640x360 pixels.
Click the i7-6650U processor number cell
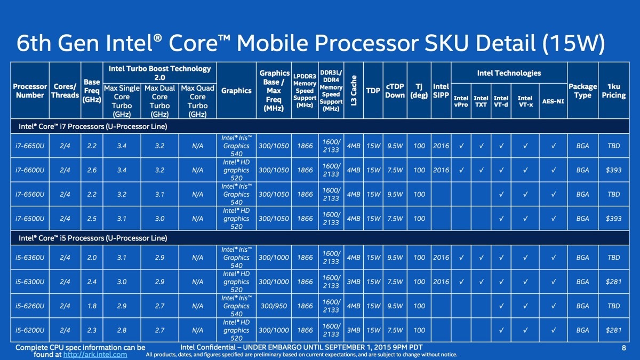(x=30, y=146)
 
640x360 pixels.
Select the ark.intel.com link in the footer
(x=95, y=355)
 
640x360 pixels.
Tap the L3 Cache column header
(x=354, y=91)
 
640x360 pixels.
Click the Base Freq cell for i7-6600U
(x=92, y=170)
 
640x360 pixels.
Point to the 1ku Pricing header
(x=613, y=91)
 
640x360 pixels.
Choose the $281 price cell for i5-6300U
(x=613, y=282)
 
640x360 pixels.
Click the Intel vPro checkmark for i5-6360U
(x=461, y=258)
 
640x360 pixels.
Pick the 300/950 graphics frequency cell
(x=274, y=306)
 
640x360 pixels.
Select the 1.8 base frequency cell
(x=92, y=306)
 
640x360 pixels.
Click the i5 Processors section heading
(x=93, y=238)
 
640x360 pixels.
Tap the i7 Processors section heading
(x=93, y=126)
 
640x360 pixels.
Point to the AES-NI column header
(x=553, y=101)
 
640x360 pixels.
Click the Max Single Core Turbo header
(x=122, y=101)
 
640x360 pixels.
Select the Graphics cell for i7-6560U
(x=236, y=194)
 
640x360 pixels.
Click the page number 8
(x=623, y=348)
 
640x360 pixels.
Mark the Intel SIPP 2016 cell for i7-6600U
(x=441, y=170)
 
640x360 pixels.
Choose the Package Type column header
(x=582, y=91)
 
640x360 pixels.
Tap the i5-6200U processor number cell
(x=30, y=330)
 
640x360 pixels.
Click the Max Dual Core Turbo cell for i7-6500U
(x=159, y=219)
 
